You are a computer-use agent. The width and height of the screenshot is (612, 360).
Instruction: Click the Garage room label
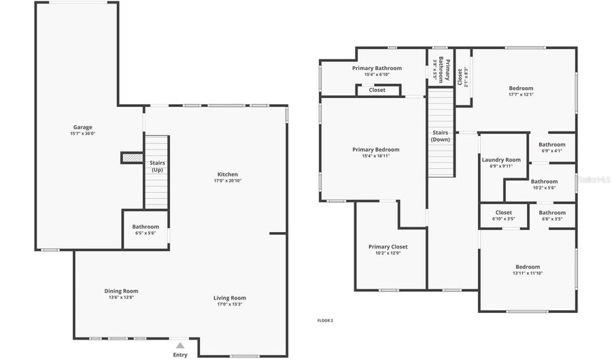pos(82,127)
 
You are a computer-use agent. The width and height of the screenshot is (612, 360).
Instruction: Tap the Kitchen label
pos(227,175)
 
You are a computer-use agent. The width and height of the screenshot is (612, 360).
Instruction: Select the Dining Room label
pos(121,291)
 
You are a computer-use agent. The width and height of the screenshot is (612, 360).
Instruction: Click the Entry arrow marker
pos(180,346)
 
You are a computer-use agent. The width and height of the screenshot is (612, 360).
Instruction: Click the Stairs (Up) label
pos(156,166)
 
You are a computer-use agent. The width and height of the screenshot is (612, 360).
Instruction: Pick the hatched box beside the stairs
pos(131,158)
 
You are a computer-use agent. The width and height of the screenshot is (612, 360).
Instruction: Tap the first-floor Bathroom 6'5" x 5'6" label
pos(146,227)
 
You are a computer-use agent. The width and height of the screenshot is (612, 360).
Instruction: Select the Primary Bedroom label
pos(375,150)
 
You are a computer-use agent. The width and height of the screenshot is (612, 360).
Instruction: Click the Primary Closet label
pos(388,247)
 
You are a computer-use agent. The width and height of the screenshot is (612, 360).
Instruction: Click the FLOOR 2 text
pos(325,321)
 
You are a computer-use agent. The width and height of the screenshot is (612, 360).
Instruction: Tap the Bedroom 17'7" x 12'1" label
pos(521,88)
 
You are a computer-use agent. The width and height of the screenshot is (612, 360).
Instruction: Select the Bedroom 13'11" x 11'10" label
pos(527,267)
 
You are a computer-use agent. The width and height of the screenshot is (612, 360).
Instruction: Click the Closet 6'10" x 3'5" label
pos(503,213)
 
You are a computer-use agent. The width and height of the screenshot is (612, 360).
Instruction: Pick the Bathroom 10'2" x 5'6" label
pos(544,182)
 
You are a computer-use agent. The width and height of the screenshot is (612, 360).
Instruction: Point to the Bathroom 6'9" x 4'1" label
pos(551,145)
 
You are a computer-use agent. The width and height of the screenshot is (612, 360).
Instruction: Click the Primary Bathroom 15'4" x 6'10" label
pos(377,68)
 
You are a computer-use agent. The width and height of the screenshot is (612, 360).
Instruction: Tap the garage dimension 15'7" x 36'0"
pos(82,134)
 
